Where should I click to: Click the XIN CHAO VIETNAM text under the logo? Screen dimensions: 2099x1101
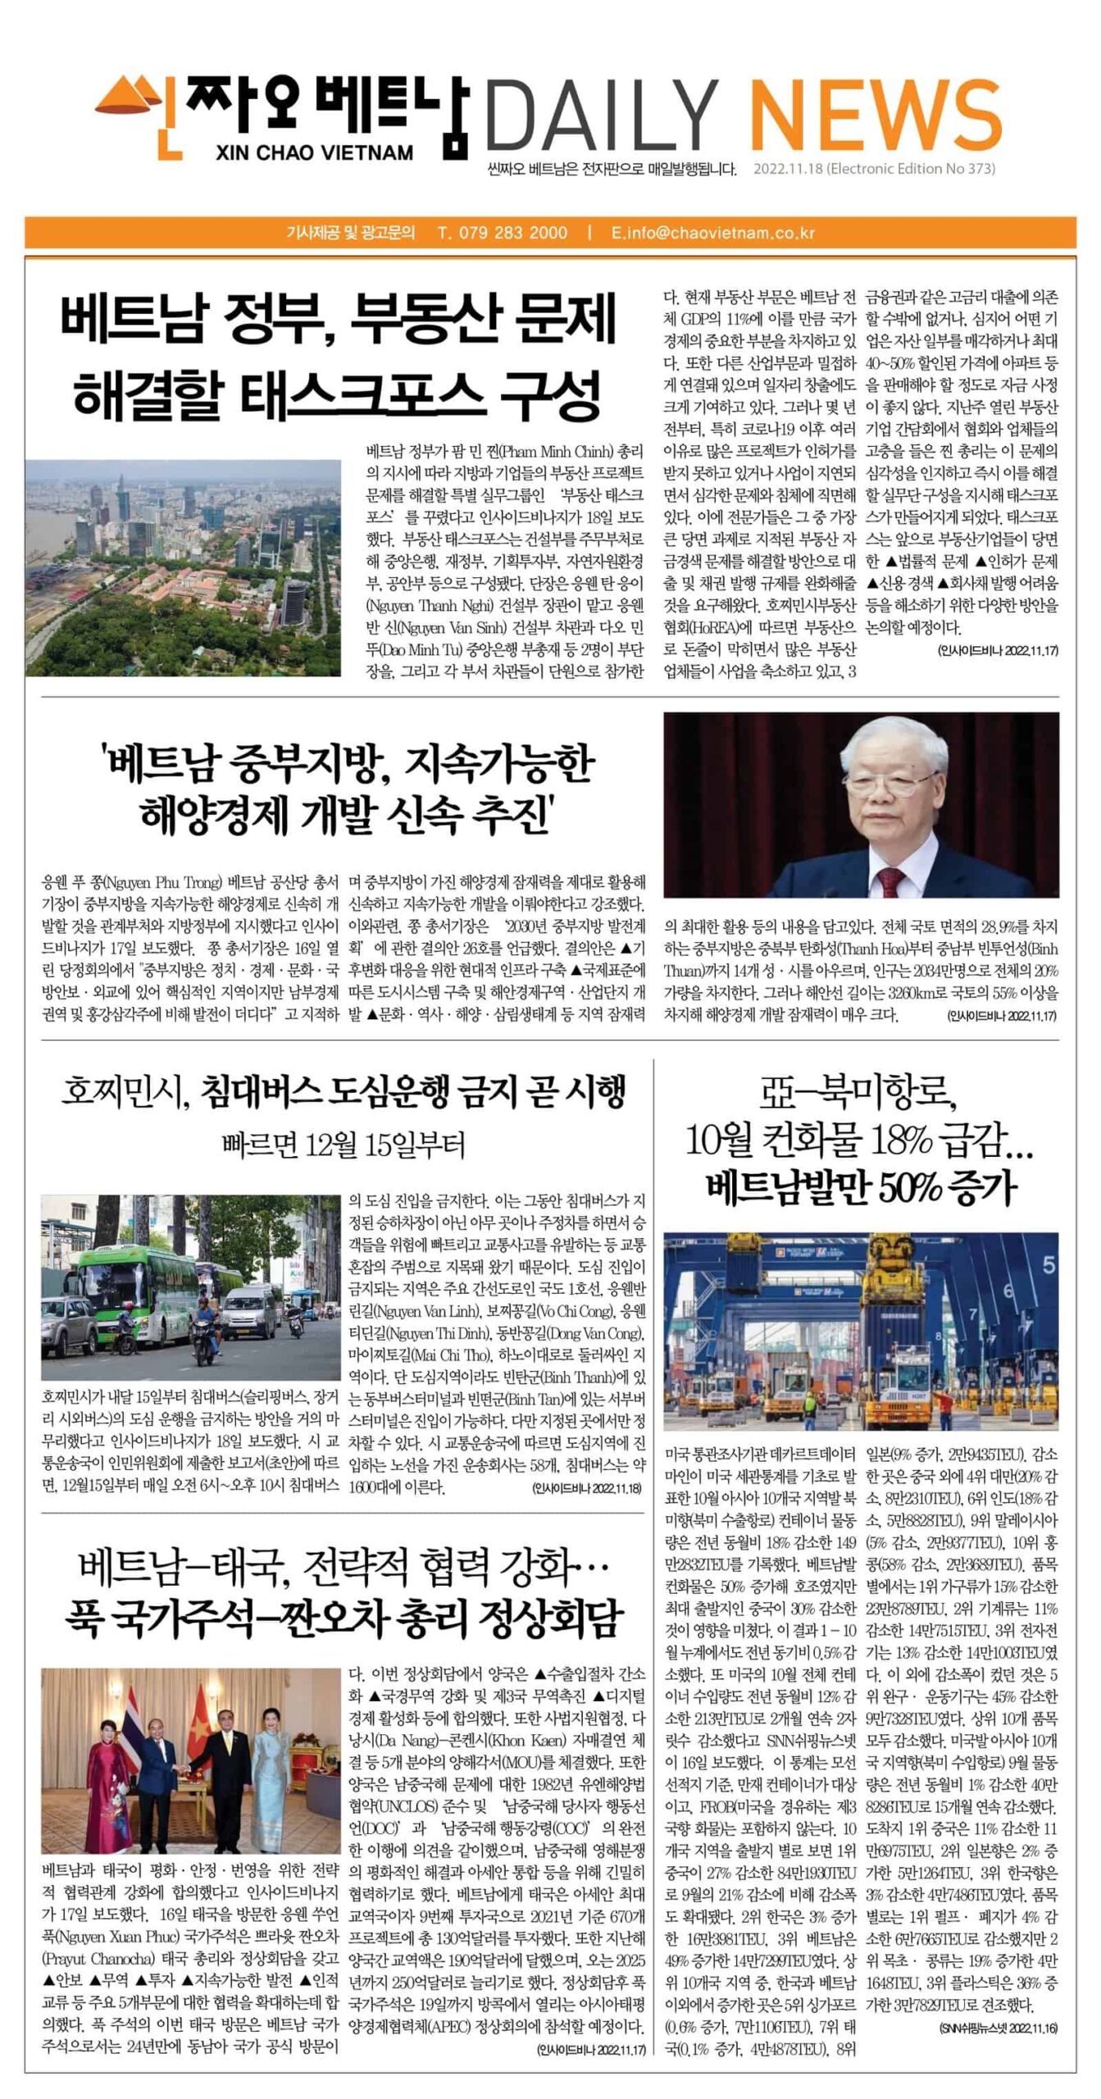pyautogui.click(x=316, y=153)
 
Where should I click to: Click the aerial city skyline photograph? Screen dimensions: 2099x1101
pyautogui.click(x=183, y=567)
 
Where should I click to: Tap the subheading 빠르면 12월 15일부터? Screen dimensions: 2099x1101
pyautogui.click(x=343, y=1144)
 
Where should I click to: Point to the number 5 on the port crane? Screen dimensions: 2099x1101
pyautogui.click(x=1049, y=1265)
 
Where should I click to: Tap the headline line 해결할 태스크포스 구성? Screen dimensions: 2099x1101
pyautogui.click(x=338, y=394)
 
